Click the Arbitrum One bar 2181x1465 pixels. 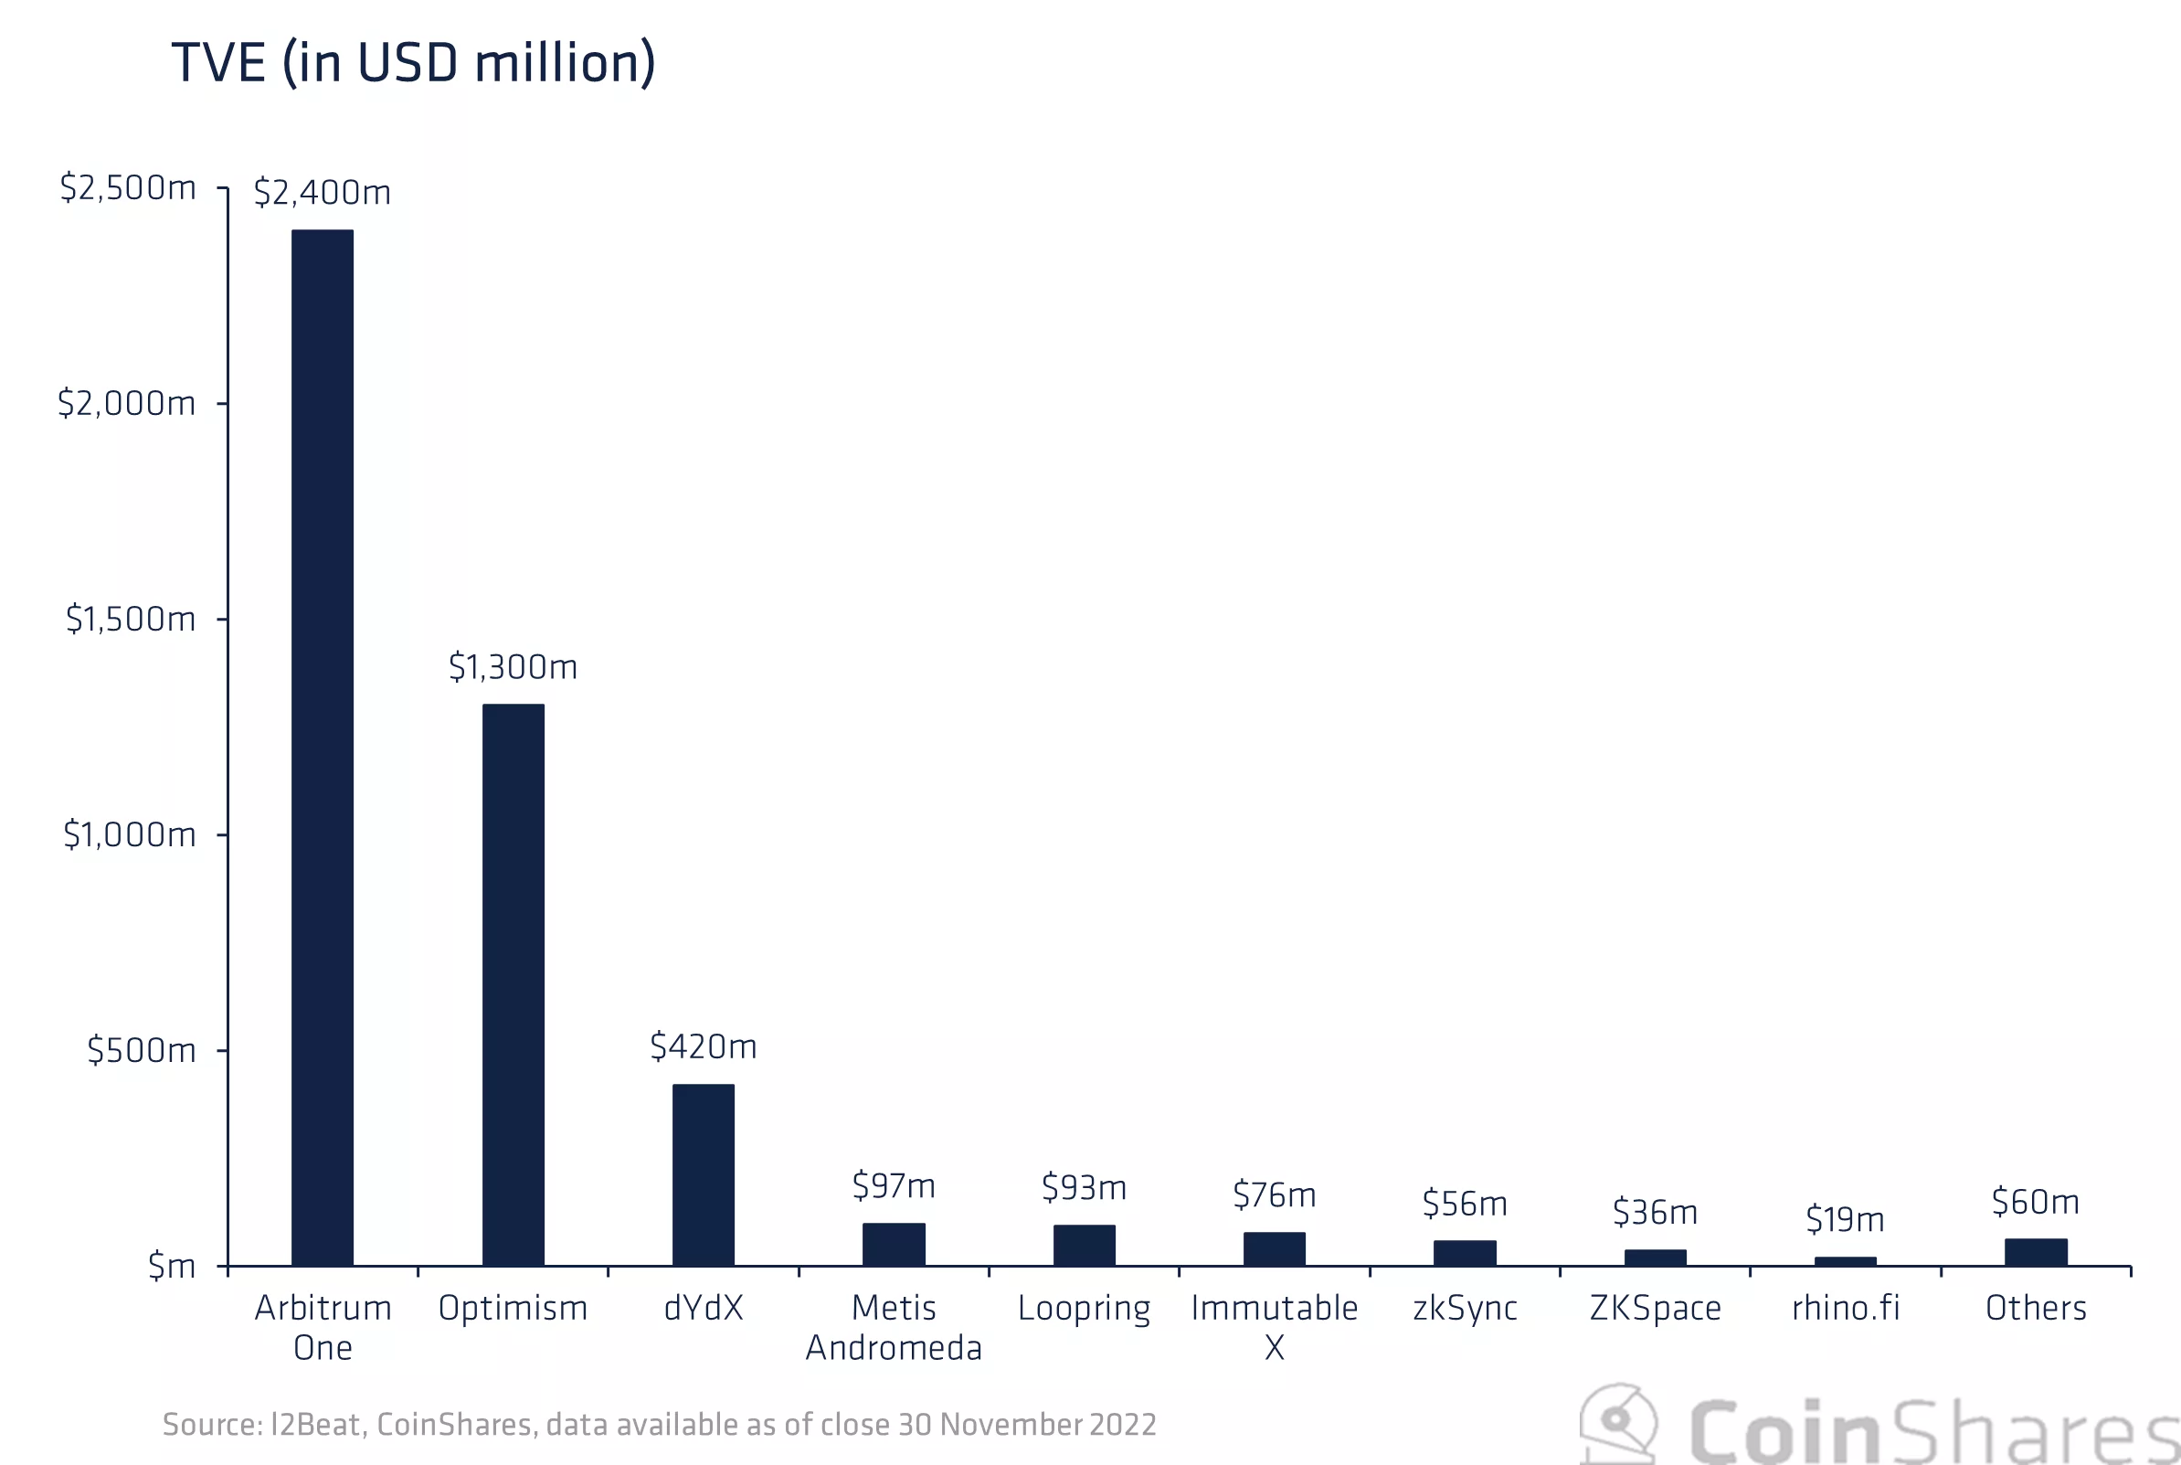coord(323,748)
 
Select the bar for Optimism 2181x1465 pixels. coord(513,985)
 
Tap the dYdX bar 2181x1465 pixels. coord(704,1174)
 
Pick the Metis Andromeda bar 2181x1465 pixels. coord(894,1245)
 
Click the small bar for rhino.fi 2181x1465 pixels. coord(1845,1261)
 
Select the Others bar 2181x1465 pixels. coord(2036,1252)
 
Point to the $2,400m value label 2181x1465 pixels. coord(323,193)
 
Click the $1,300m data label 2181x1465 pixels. coord(513,667)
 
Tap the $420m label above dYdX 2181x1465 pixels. coord(704,1046)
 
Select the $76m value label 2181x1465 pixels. coord(1274,1195)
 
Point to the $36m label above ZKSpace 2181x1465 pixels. coord(1655,1213)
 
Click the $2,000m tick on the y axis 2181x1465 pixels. coord(126,404)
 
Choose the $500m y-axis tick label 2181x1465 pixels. coord(141,1050)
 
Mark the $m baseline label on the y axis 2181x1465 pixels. coord(172,1266)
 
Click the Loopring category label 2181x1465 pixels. coord(1084,1308)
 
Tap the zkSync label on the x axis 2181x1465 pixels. coord(1465,1308)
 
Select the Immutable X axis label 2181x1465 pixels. coord(1274,1327)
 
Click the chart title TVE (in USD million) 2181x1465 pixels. coord(414,64)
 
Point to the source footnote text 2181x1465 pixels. coord(660,1425)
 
